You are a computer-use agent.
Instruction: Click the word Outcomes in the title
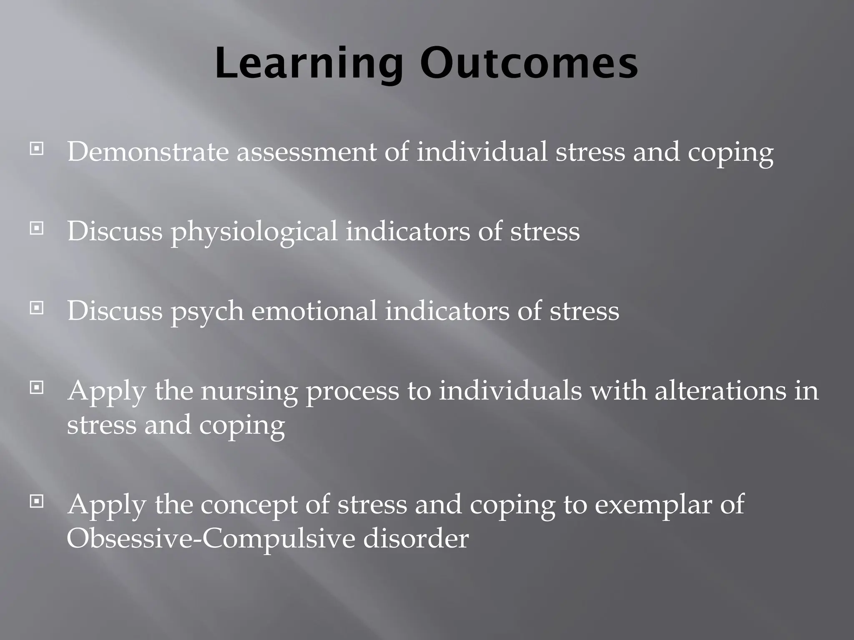tap(528, 64)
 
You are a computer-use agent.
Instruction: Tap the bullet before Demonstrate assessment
tap(37, 148)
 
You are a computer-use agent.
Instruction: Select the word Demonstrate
tap(148, 152)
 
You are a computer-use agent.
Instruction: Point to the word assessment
tap(306, 152)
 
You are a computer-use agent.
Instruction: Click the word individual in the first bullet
tap(482, 152)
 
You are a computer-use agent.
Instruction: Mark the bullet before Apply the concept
tap(37, 502)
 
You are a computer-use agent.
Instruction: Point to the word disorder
tap(416, 539)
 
